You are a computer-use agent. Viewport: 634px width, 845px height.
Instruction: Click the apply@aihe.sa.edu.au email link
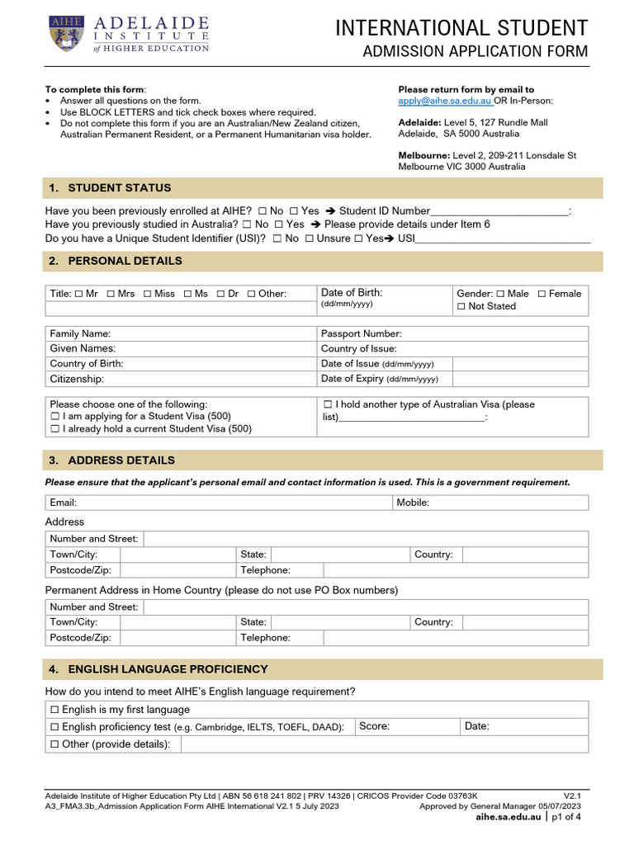pyautogui.click(x=445, y=101)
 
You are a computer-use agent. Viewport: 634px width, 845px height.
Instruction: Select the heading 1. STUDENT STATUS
pyautogui.click(x=120, y=188)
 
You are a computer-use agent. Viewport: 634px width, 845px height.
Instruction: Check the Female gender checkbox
pyautogui.click(x=542, y=294)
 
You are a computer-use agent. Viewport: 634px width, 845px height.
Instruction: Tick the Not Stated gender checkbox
pyautogui.click(x=461, y=306)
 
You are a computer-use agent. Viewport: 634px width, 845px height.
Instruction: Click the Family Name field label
pyautogui.click(x=80, y=334)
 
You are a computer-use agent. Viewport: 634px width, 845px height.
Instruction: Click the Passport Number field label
pyautogui.click(x=361, y=334)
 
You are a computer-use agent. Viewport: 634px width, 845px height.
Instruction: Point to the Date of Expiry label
pyautogui.click(x=352, y=379)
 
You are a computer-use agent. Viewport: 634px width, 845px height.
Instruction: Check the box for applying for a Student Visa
pyautogui.click(x=54, y=417)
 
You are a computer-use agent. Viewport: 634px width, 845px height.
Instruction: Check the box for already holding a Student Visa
pyautogui.click(x=54, y=429)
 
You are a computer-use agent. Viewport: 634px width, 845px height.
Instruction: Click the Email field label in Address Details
pyautogui.click(x=64, y=503)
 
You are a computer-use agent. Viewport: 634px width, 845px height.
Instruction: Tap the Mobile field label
pyautogui.click(x=413, y=503)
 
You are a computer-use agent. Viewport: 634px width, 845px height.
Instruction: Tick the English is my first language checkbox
pyautogui.click(x=54, y=710)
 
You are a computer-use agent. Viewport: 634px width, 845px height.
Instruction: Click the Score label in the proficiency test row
pyautogui.click(x=375, y=726)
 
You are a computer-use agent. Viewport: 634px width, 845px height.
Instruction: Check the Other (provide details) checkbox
pyautogui.click(x=54, y=744)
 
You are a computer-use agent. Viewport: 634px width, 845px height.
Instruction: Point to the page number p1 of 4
pyautogui.click(x=566, y=817)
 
